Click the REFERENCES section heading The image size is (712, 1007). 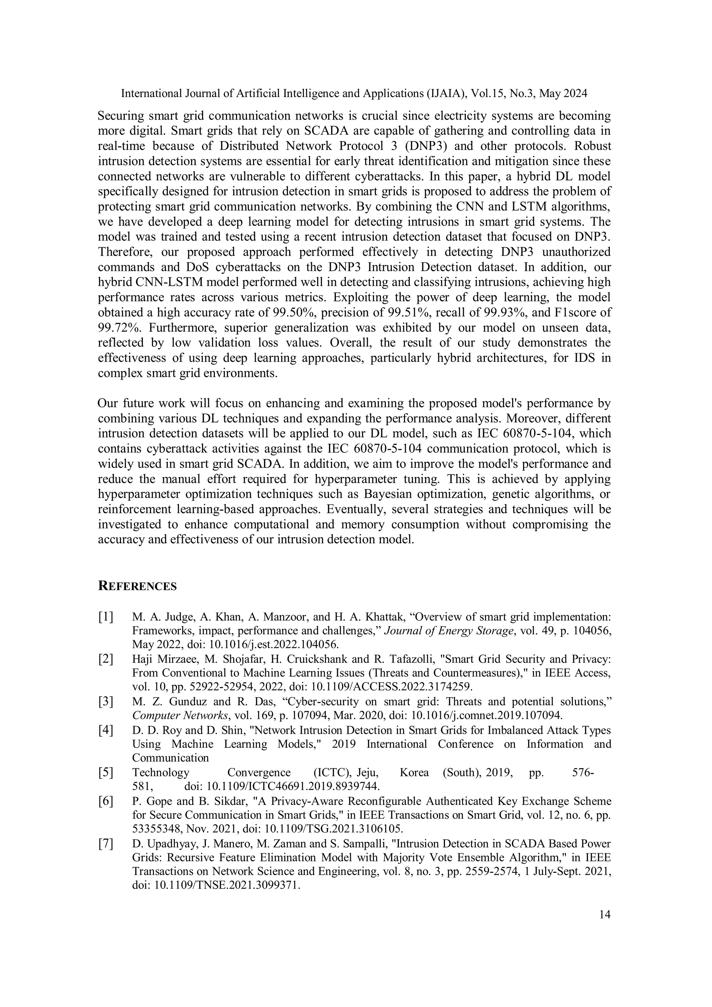137,586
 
